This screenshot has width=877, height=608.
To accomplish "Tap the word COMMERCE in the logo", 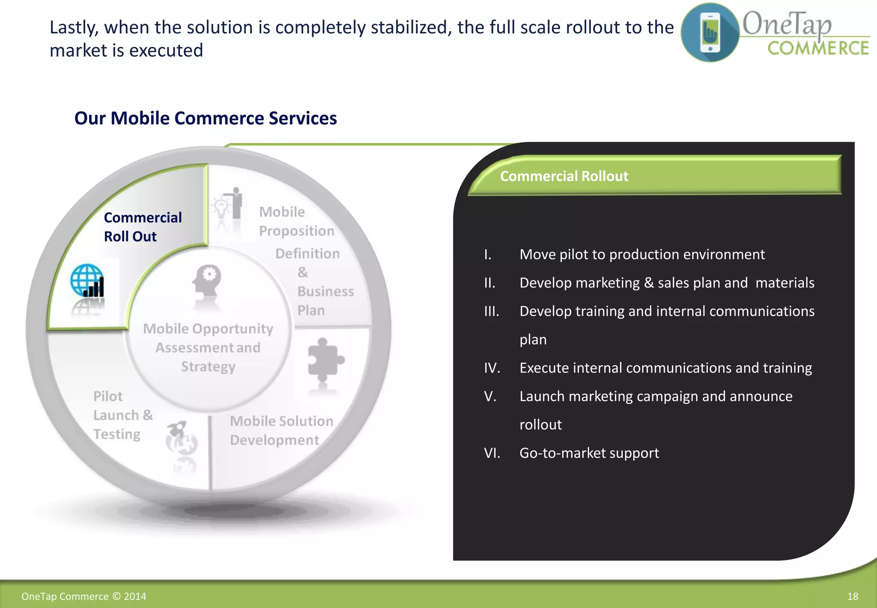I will tap(818, 48).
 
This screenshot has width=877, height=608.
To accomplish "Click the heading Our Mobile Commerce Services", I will tap(206, 118).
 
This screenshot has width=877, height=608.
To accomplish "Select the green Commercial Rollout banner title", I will tap(564, 176).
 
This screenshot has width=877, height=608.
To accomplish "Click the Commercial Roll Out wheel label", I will tap(143, 227).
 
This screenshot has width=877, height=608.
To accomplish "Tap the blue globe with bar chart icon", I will tap(87, 281).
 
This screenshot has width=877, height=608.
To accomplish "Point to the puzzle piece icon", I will tap(325, 360).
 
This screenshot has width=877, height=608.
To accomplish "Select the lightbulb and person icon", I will tap(228, 204).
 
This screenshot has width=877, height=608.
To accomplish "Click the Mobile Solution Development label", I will tap(281, 430).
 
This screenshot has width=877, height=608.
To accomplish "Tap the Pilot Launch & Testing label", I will tap(122, 415).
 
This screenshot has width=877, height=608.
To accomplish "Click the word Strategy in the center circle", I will tap(208, 367).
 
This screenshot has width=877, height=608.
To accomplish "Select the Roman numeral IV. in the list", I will tap(492, 368).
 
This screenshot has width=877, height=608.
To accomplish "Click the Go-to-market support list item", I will tap(589, 453).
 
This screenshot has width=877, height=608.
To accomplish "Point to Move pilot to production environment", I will tap(641, 255).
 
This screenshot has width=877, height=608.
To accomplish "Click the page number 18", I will tap(852, 596).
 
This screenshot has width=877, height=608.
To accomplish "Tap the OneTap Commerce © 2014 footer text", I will tap(84, 596).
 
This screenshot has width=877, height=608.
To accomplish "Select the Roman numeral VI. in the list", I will tap(492, 453).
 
